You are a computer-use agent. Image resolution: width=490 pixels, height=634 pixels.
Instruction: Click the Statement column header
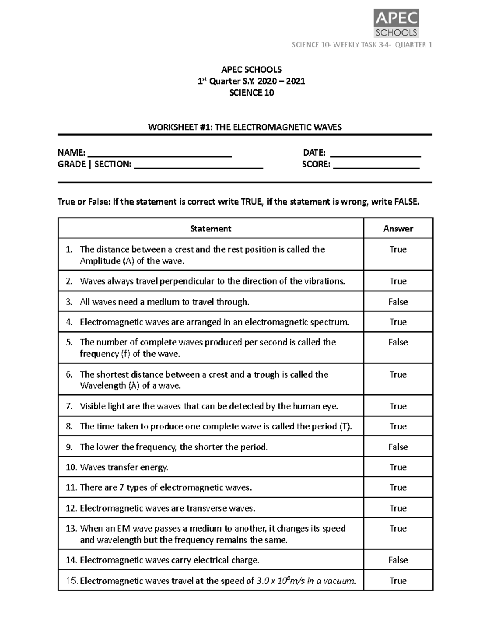coord(211,229)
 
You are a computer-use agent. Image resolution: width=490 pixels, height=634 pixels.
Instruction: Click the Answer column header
coord(398,229)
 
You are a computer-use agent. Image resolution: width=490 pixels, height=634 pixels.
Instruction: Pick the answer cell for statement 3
coord(398,302)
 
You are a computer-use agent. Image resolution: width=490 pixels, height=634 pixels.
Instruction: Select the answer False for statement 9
coord(398,447)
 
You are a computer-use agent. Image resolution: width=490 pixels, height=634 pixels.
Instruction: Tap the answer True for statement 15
coord(398,581)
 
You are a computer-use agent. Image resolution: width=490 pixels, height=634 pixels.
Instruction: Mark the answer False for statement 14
coord(398,560)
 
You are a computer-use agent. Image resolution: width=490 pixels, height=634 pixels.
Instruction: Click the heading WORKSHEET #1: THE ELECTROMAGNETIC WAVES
coord(245,127)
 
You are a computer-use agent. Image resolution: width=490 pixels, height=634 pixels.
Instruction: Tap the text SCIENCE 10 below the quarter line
coord(252,93)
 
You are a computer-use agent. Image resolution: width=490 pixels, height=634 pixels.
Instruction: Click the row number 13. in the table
coord(71,528)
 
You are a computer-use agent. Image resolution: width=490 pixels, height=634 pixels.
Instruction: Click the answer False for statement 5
coord(398,342)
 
